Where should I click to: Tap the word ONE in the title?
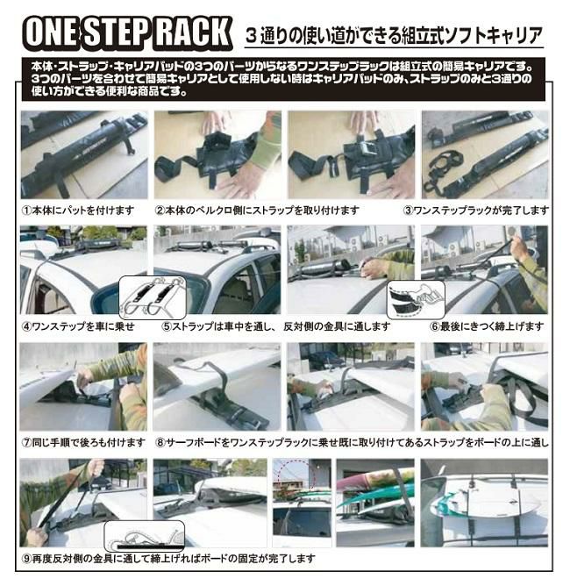tap(52, 32)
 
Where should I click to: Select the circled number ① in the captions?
tap(27, 211)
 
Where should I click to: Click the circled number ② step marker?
tap(160, 211)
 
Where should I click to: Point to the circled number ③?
tap(409, 211)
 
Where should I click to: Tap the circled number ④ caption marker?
tap(27, 326)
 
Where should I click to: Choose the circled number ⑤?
tap(167, 326)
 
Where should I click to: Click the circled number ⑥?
tap(434, 326)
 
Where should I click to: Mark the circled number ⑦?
tap(27, 443)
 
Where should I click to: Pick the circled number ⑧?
tap(160, 443)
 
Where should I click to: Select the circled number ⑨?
tap(27, 559)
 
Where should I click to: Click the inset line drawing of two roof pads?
tap(153, 297)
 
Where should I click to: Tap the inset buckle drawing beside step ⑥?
tap(416, 300)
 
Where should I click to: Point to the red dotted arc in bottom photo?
tap(296, 471)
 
